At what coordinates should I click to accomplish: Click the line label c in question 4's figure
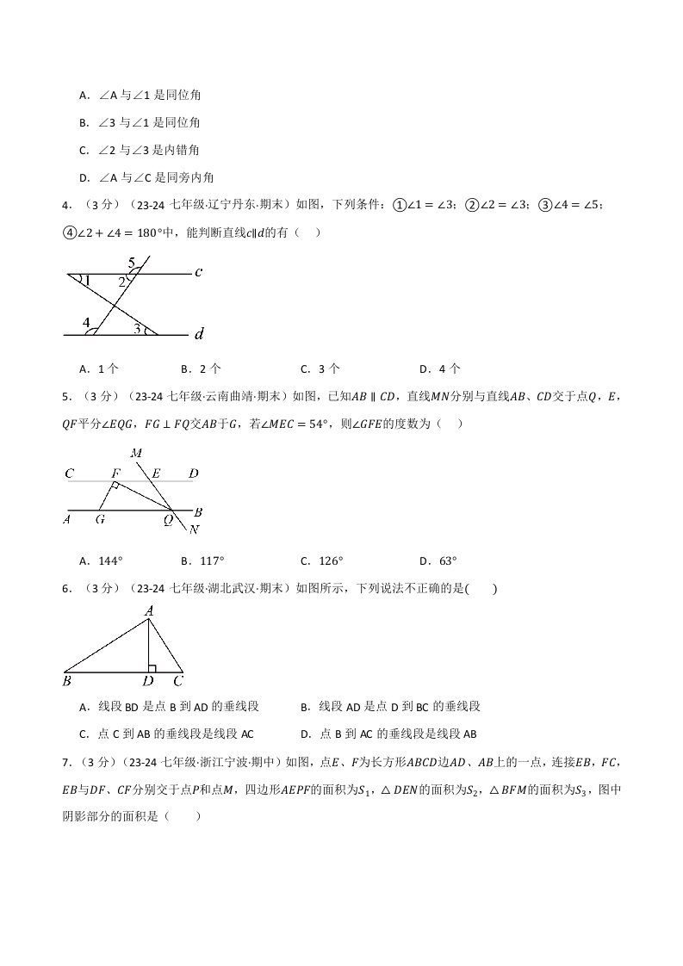click(x=198, y=273)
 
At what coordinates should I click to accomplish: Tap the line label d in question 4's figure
click(x=200, y=333)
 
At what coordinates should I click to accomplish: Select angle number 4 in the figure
click(x=86, y=323)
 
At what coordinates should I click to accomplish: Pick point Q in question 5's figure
click(x=169, y=520)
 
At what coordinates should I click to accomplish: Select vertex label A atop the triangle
click(x=149, y=610)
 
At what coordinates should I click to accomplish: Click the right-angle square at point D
click(x=152, y=667)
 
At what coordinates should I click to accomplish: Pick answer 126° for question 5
click(x=331, y=560)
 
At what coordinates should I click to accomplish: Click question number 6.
click(x=66, y=589)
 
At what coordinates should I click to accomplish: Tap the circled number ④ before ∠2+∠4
click(x=70, y=232)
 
